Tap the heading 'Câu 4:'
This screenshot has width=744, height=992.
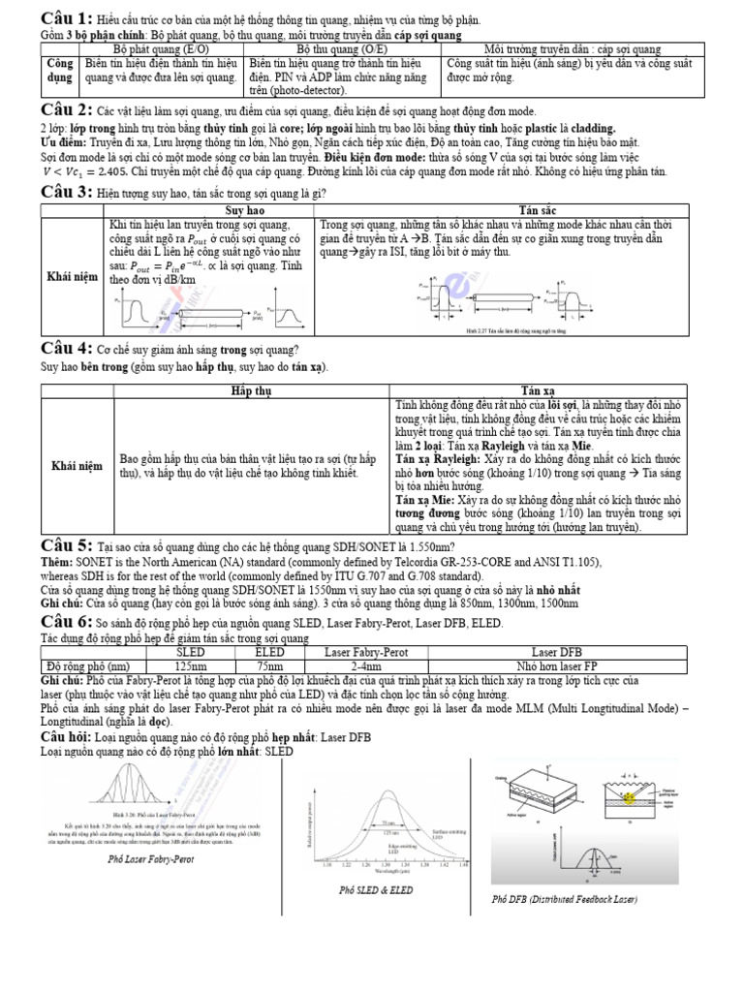(66, 349)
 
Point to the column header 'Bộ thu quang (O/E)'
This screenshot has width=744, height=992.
(344, 48)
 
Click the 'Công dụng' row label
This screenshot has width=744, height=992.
(57, 70)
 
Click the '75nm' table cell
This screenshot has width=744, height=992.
(268, 666)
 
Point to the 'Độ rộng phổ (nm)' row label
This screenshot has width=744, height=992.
(88, 666)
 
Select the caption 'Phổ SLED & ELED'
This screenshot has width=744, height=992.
(375, 890)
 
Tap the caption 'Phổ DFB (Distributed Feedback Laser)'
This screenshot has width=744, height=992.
(565, 900)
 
